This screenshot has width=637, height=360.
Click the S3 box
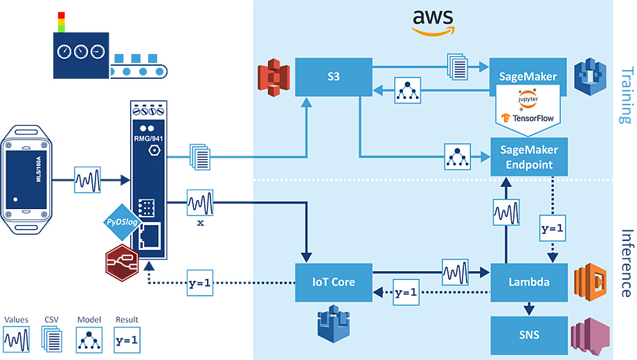(x=334, y=76)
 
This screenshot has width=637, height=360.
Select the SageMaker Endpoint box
(x=529, y=156)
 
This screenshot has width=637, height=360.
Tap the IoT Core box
(x=334, y=282)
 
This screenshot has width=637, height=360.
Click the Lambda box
(x=529, y=282)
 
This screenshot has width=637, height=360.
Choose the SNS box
(x=529, y=335)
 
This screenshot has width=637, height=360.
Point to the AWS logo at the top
(x=433, y=21)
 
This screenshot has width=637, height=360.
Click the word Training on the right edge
(x=626, y=94)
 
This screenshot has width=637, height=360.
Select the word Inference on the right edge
(x=626, y=262)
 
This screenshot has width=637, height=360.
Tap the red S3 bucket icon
(x=271, y=77)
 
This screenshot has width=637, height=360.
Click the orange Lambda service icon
(x=591, y=281)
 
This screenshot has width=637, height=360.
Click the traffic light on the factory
(x=60, y=21)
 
